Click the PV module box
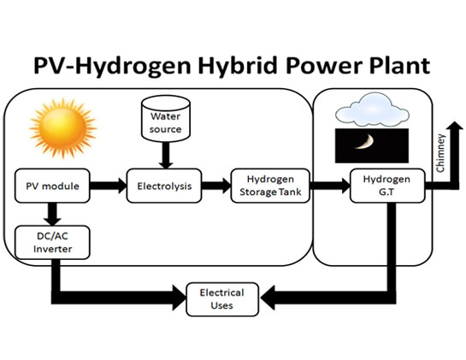(52, 186)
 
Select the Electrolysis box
(164, 186)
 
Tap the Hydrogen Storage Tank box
(270, 186)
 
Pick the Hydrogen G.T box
(387, 186)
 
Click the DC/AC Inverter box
(52, 242)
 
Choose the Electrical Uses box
(222, 299)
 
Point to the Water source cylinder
(166, 118)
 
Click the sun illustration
(62, 128)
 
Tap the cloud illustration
(372, 109)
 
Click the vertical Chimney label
(440, 153)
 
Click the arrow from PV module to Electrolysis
(109, 186)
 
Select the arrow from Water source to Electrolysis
(166, 155)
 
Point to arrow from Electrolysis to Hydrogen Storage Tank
(216, 186)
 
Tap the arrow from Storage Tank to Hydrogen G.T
(330, 186)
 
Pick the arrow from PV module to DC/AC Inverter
(52, 215)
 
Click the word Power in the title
(324, 66)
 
